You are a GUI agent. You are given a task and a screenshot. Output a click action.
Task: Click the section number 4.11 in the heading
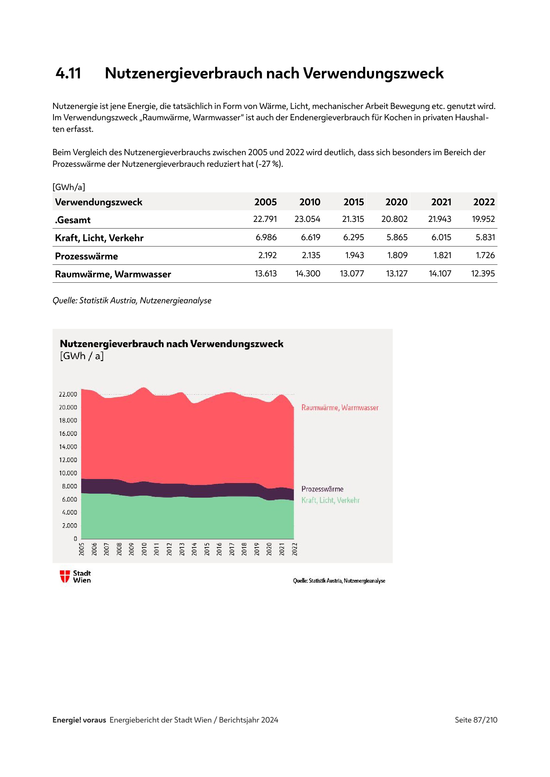(x=69, y=73)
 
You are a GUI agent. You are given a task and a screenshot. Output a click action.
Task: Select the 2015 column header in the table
(x=353, y=202)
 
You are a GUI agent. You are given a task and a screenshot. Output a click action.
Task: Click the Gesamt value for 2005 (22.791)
(x=265, y=219)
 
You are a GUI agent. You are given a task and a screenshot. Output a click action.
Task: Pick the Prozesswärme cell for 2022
(x=485, y=255)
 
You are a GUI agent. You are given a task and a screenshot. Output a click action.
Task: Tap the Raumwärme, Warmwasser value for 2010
(x=308, y=273)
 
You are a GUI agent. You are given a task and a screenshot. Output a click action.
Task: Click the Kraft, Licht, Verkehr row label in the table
(x=99, y=238)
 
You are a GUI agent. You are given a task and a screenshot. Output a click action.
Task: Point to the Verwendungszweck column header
(x=98, y=202)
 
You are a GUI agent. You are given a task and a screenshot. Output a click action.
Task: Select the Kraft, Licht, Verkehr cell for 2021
(x=441, y=238)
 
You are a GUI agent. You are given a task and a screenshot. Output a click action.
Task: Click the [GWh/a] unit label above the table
(x=69, y=187)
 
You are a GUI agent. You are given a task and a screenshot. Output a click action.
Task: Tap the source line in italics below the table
(x=132, y=301)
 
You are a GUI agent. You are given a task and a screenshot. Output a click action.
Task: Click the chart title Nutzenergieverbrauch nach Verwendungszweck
(x=171, y=344)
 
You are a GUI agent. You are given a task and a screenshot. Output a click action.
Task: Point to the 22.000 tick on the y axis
(x=68, y=394)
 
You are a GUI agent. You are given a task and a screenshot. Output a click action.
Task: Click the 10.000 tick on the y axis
(x=68, y=473)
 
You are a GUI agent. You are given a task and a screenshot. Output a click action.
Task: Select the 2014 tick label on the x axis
(x=195, y=549)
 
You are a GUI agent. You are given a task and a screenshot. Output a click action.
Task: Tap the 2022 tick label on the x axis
(x=295, y=549)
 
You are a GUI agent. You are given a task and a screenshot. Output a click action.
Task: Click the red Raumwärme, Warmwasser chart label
(x=340, y=408)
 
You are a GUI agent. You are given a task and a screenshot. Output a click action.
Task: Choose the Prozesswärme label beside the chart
(x=323, y=489)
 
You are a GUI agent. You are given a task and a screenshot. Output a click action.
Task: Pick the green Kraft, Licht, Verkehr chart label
(x=331, y=500)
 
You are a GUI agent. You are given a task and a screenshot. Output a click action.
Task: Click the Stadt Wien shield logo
(x=65, y=576)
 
